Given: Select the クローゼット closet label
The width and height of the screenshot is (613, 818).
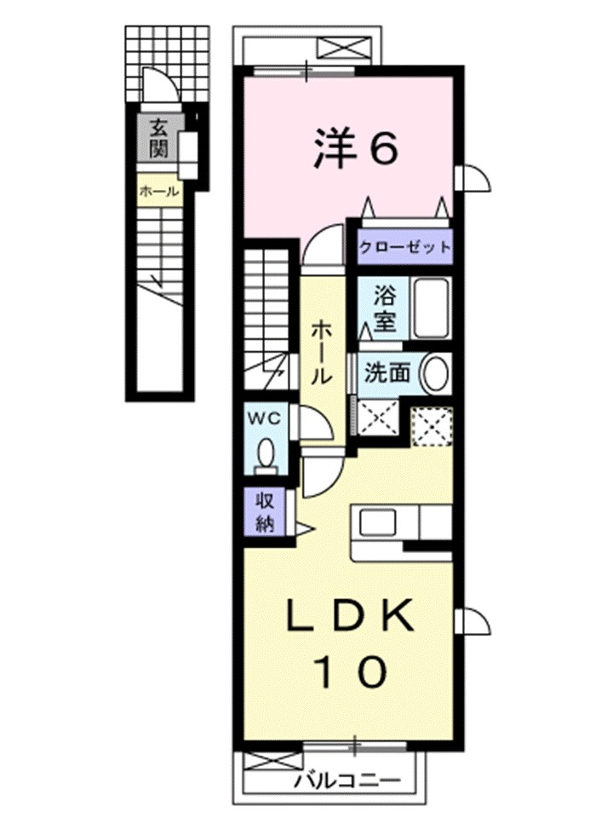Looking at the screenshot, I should (x=404, y=248).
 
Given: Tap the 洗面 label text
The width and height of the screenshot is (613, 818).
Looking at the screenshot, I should (x=388, y=372).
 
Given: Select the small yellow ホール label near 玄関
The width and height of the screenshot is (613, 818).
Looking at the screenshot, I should (x=158, y=191).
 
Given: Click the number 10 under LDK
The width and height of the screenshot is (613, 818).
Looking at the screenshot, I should (x=349, y=673).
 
